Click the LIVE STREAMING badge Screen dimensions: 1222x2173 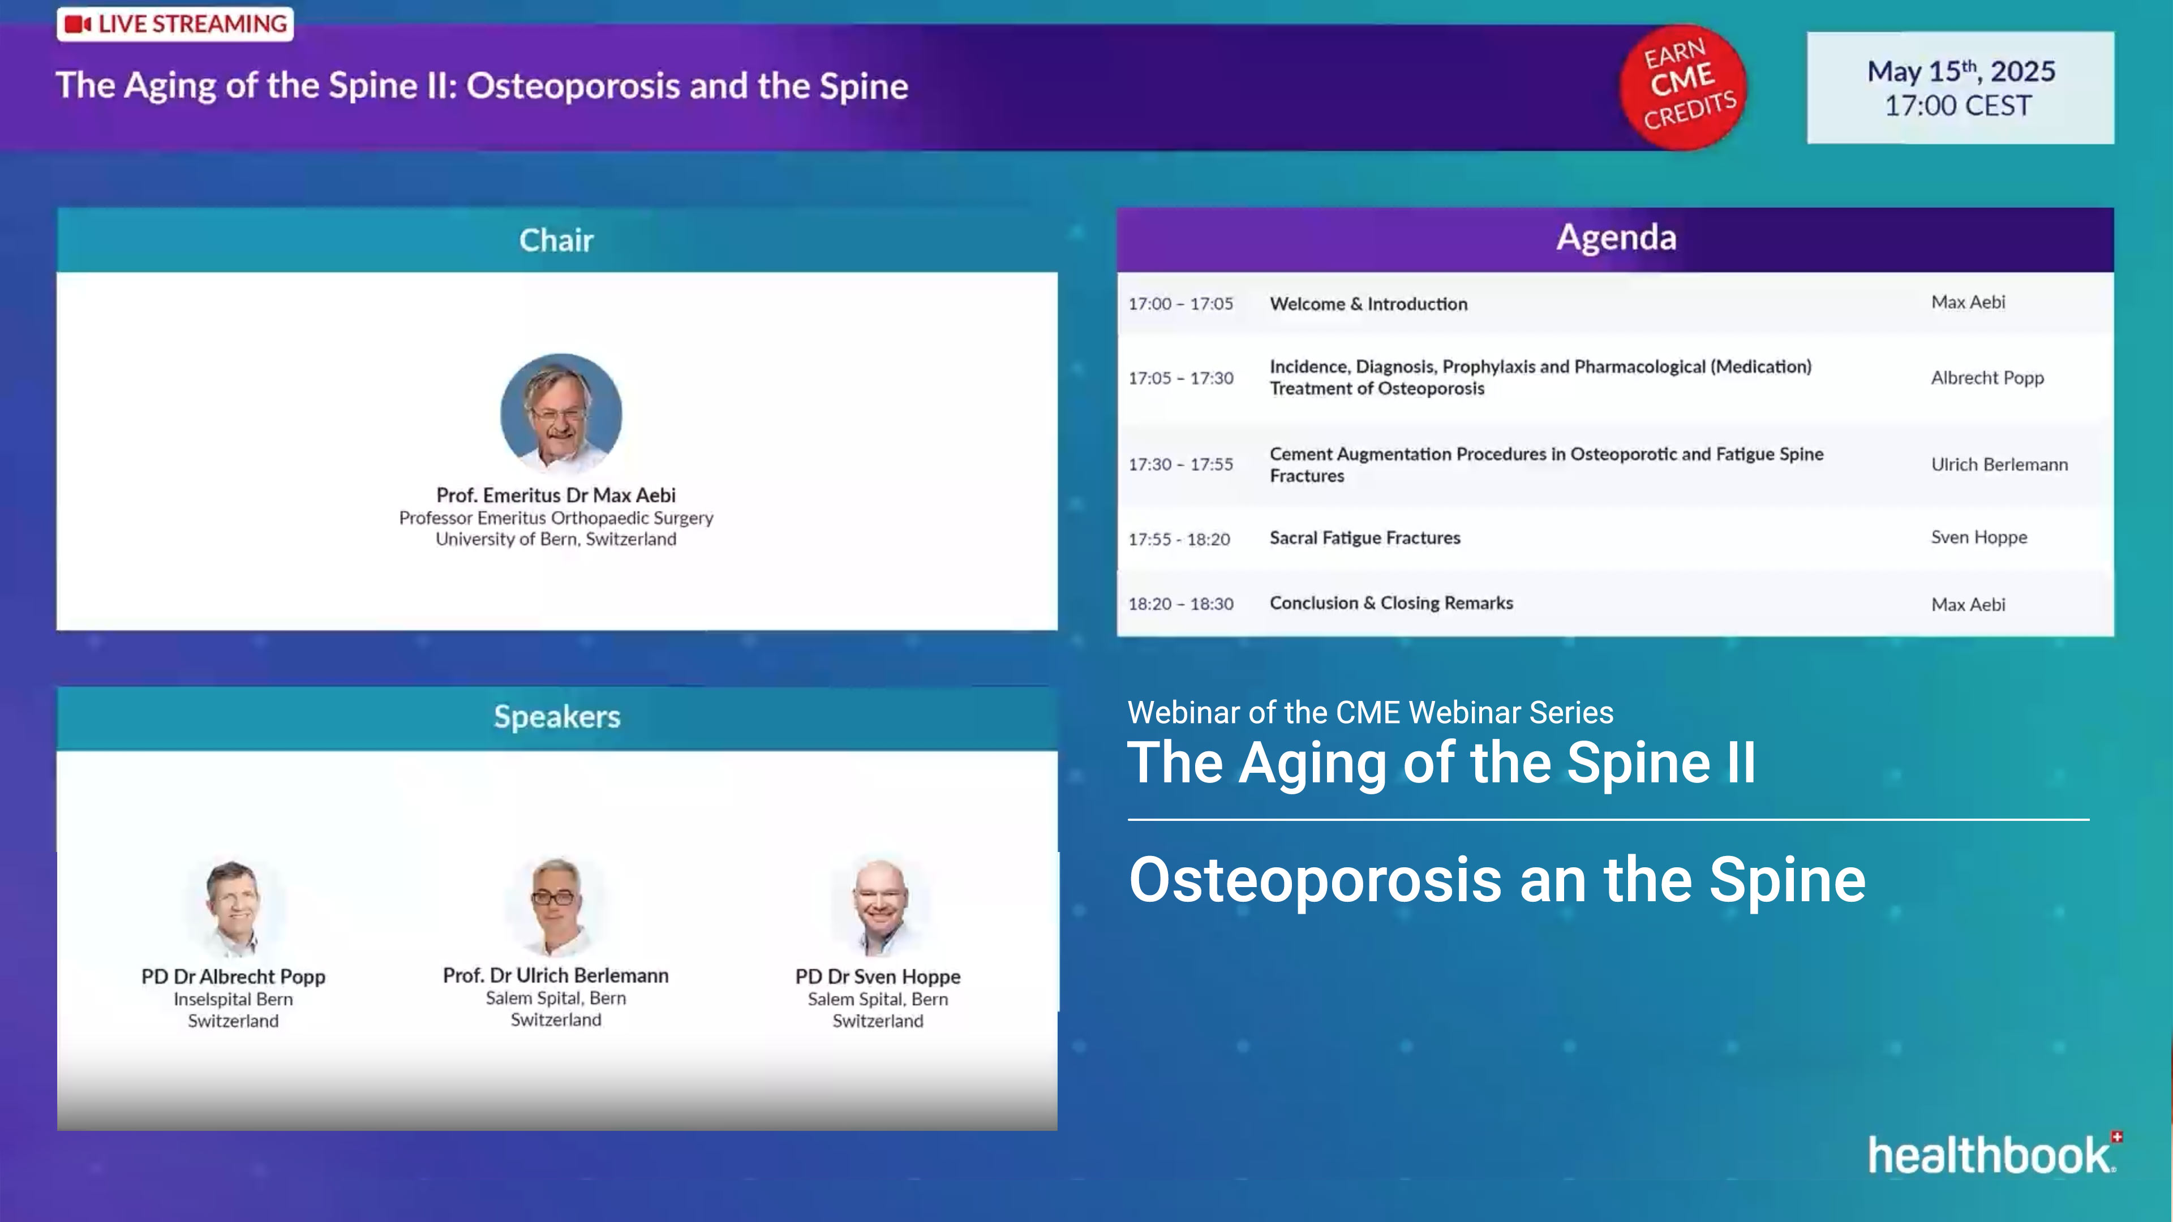click(x=175, y=24)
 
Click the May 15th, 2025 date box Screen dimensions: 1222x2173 click(x=1960, y=88)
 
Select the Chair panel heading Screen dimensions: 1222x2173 click(x=556, y=240)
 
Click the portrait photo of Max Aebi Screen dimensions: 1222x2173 click(x=561, y=412)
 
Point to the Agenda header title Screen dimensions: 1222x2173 click(x=1616, y=238)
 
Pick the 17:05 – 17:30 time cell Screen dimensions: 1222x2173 click(x=1180, y=378)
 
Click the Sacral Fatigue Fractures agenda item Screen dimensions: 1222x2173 click(x=1364, y=538)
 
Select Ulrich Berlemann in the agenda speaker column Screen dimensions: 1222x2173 click(x=1998, y=464)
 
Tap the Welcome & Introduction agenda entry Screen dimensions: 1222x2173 click(x=1368, y=304)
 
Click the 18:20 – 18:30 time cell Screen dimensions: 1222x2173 click(x=1180, y=604)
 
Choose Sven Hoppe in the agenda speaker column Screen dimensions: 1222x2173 click(x=1978, y=537)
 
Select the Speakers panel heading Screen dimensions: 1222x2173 click(x=557, y=717)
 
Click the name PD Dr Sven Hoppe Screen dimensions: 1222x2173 click(x=877, y=976)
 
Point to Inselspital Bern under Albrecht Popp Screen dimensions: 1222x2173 click(x=233, y=999)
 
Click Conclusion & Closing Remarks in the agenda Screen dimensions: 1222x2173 click(x=1391, y=603)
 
